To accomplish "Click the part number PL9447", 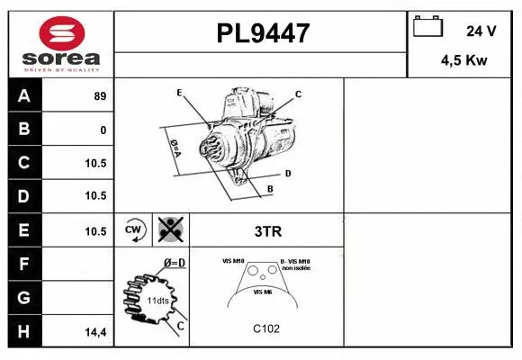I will click(262, 34).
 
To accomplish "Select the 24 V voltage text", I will click(481, 31).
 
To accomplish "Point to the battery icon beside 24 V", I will click(427, 29).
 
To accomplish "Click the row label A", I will click(24, 96).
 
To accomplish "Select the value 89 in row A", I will click(99, 96).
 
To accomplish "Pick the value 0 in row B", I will click(103, 130).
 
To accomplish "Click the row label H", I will click(24, 332).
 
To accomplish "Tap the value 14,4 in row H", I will click(97, 333).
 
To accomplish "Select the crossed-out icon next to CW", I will click(168, 230).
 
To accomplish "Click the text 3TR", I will click(268, 231).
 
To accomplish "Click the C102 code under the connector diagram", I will click(267, 328).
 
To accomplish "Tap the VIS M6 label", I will click(264, 292).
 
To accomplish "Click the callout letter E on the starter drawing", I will click(180, 93).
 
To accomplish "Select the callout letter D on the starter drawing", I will click(287, 172).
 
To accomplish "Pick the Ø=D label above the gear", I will click(174, 263).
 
